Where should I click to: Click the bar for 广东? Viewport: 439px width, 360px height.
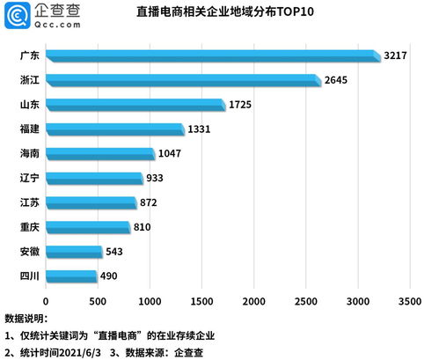click(x=211, y=56)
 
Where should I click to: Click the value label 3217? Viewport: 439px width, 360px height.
click(x=397, y=56)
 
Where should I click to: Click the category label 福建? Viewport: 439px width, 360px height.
click(x=28, y=129)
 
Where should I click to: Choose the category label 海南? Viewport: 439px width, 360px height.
click(x=28, y=154)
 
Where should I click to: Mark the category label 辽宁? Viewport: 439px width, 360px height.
click(x=28, y=179)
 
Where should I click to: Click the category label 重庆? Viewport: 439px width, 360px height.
click(x=28, y=227)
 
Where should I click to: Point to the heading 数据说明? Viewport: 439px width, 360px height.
click(x=26, y=319)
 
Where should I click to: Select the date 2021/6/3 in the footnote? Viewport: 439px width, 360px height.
click(x=90, y=351)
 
